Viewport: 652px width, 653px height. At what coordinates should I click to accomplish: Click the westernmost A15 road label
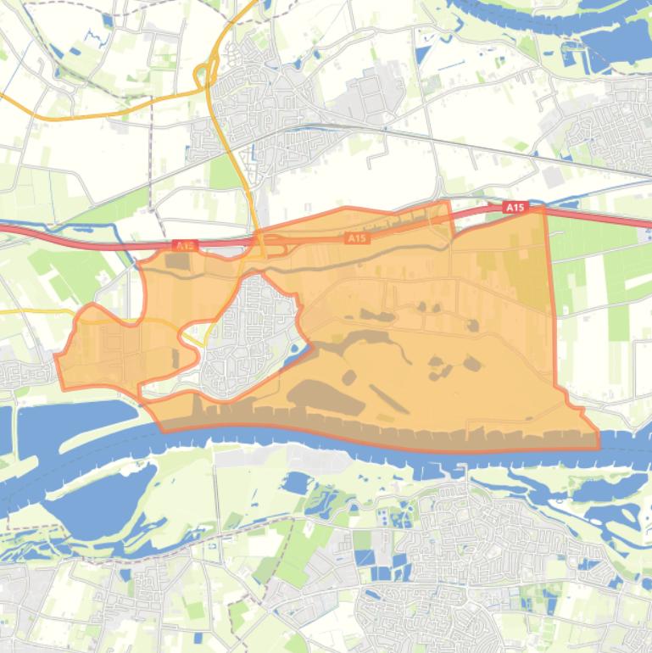pos(185,246)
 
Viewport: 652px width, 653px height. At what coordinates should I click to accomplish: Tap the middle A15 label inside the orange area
pos(358,239)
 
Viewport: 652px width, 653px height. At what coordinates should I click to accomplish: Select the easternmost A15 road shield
pos(515,208)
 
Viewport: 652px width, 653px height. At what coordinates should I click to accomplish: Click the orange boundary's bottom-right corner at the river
pos(599,448)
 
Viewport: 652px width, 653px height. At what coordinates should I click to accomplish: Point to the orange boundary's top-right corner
pos(542,209)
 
